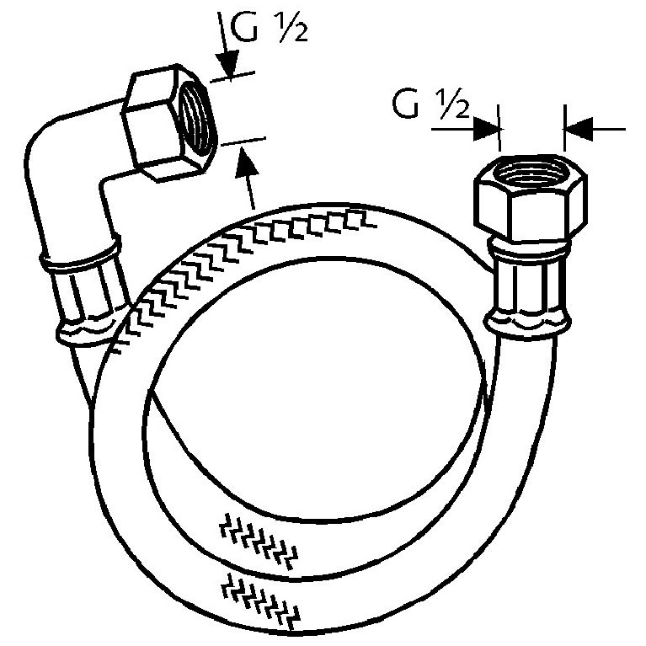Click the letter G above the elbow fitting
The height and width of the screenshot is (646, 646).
click(244, 28)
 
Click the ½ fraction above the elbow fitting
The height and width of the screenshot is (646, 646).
click(293, 28)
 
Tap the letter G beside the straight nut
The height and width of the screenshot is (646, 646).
click(405, 104)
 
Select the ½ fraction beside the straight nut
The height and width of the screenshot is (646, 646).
click(453, 104)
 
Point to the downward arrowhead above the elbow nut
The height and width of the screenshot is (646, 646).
click(228, 64)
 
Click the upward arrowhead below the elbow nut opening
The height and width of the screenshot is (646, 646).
click(247, 163)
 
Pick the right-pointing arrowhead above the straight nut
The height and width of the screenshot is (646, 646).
click(487, 129)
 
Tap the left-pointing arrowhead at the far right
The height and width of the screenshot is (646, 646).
click(578, 129)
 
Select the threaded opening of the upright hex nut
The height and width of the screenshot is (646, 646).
click(530, 171)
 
